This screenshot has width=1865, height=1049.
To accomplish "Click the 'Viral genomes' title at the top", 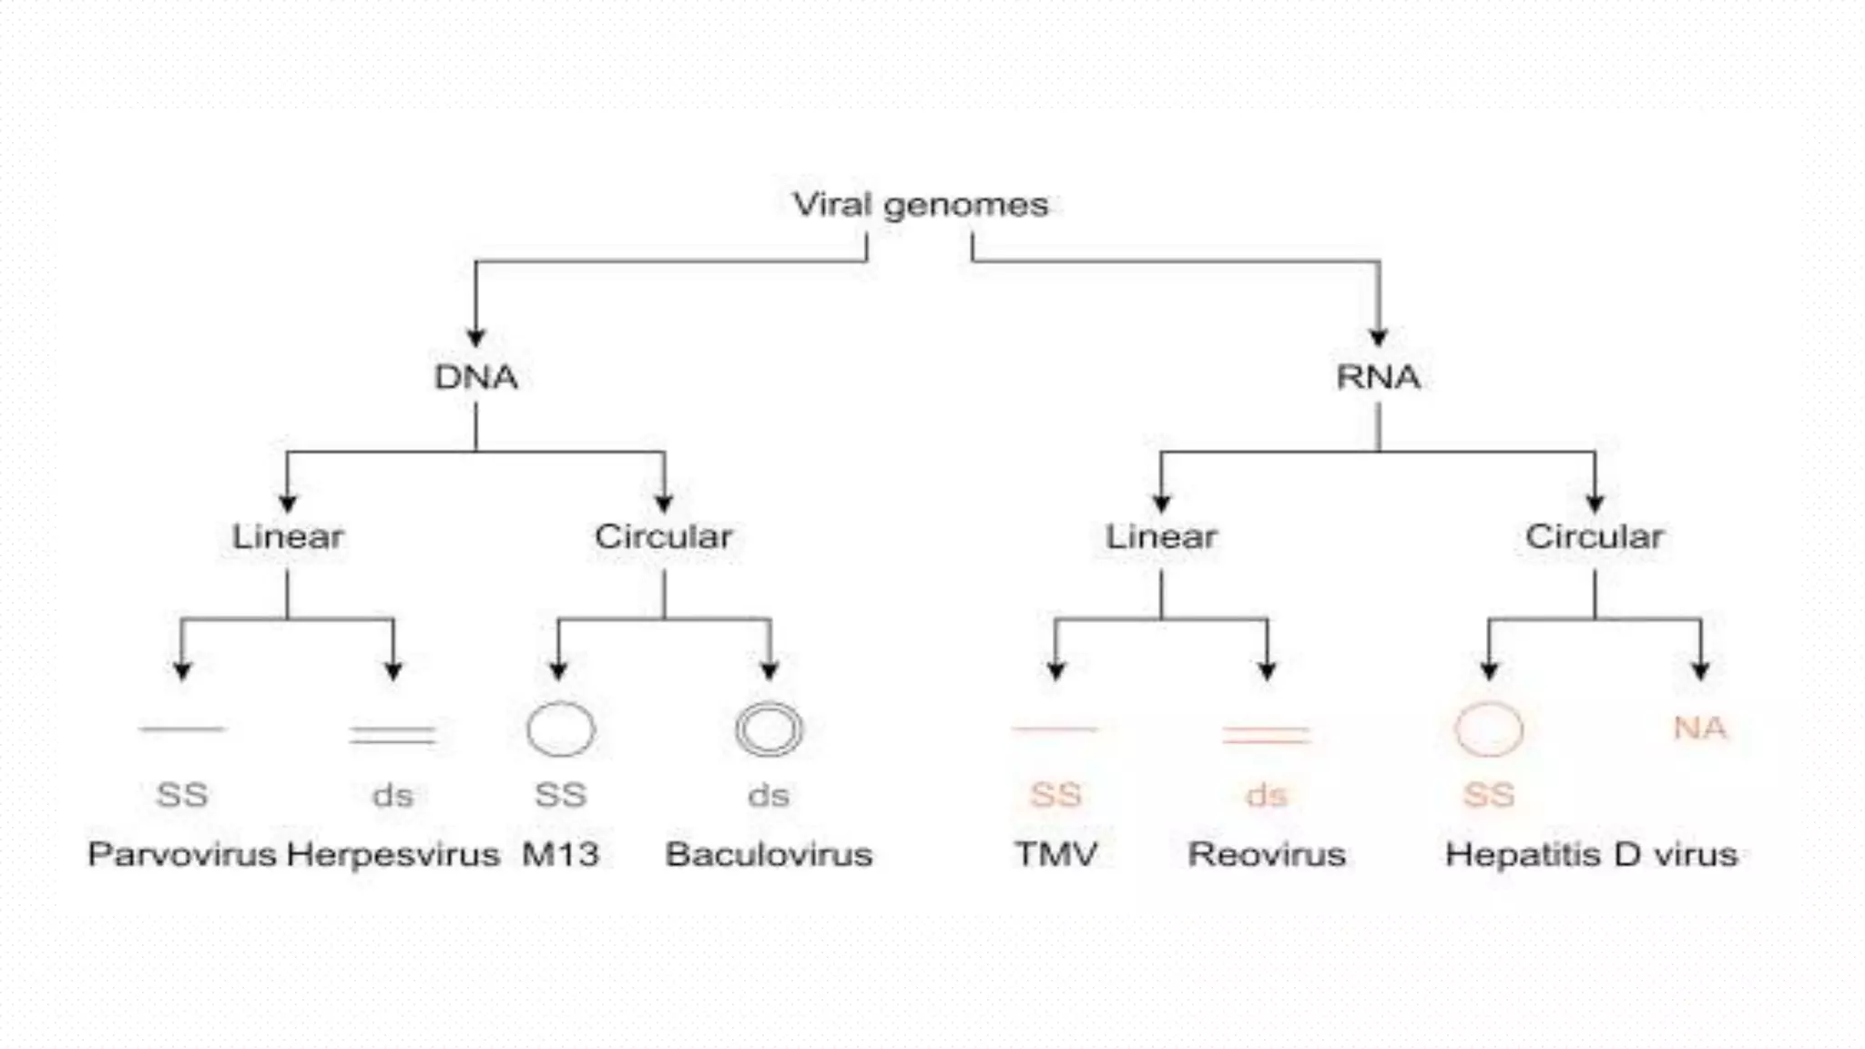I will click(x=920, y=205).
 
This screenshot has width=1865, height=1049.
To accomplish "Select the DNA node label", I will click(x=475, y=377).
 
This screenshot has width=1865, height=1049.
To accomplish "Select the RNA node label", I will click(x=1378, y=377).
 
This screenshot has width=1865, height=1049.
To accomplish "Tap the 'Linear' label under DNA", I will click(x=288, y=536).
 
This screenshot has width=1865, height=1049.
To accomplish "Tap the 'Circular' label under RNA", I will click(x=1594, y=536).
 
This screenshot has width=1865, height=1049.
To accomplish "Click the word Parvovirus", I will click(x=181, y=854).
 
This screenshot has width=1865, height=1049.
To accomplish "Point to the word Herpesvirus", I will click(x=392, y=854).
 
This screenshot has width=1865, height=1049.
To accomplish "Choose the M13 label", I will click(x=560, y=854).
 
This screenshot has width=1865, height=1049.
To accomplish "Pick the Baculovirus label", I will click(x=769, y=854).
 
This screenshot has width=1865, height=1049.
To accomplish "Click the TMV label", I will click(x=1055, y=854).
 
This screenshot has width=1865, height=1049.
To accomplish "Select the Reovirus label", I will click(x=1267, y=854).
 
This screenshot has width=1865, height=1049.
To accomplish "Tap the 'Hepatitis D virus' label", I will click(x=1591, y=854).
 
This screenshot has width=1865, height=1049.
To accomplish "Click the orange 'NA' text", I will click(x=1699, y=728).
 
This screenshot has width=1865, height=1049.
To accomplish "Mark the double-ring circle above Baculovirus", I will click(x=769, y=729).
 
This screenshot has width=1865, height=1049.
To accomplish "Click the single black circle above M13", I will click(x=560, y=729).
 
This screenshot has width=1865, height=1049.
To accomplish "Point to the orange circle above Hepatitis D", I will click(x=1488, y=729).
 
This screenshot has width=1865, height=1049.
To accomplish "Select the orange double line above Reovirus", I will click(x=1266, y=735).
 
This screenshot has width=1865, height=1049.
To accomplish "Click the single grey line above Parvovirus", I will click(x=181, y=728).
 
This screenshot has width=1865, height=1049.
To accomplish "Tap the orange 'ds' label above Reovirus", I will click(x=1267, y=795).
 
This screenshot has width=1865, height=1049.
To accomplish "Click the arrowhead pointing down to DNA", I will click(x=475, y=338).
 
